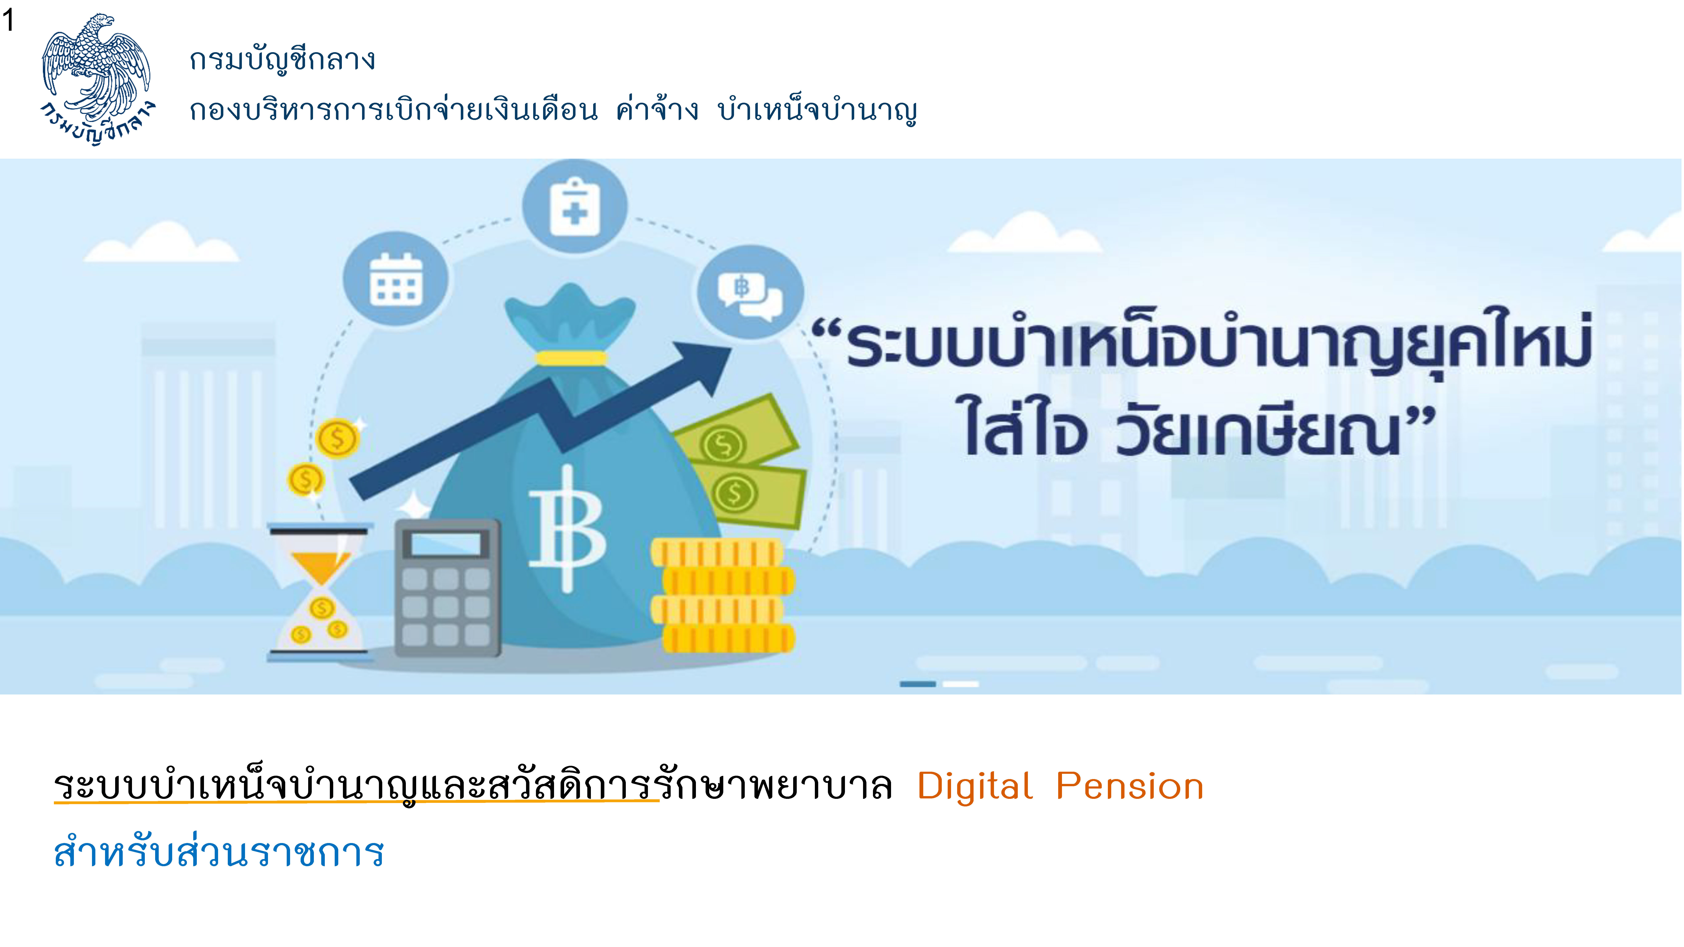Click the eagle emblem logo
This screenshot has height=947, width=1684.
coord(97,78)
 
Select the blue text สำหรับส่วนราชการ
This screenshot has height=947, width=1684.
coord(219,852)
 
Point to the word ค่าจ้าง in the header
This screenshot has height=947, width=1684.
coord(657,110)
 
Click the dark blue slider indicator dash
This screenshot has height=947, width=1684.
coord(918,684)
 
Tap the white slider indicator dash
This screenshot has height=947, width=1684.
coord(961,684)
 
